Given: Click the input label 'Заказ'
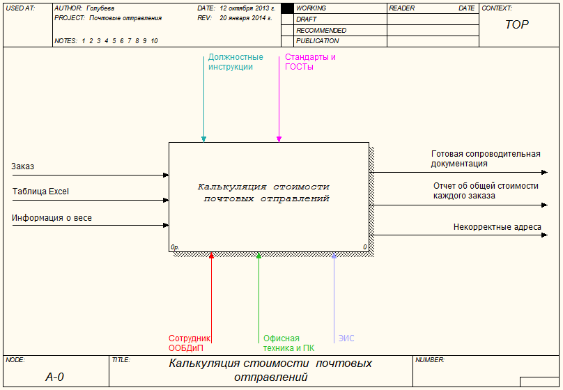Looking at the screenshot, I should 23,166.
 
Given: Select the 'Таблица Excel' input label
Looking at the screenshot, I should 40,192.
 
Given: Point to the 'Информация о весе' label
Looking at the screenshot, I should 52,218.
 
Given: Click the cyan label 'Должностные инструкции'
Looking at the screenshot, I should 236,62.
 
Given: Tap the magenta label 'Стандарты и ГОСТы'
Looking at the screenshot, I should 310,62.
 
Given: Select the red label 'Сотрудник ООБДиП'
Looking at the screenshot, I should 189,343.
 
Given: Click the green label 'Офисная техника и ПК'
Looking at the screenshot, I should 288,343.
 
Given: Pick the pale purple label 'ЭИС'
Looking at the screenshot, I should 346,338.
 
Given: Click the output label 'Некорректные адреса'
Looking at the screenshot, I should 497,226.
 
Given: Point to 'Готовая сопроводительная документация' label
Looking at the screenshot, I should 486,159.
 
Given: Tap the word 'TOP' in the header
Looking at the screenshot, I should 516,24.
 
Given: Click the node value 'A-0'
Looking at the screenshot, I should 54,377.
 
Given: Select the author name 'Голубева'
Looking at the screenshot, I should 100,8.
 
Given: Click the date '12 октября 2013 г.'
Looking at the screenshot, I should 247,8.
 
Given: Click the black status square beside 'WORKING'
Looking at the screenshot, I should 287,8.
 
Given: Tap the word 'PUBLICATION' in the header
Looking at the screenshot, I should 317,41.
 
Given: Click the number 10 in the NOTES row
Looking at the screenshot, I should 154,41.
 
